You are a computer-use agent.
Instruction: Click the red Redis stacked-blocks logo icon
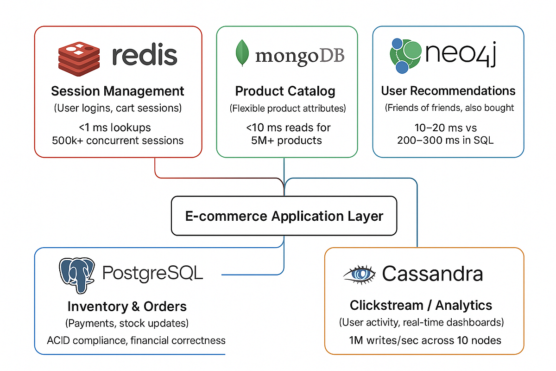pyautogui.click(x=78, y=58)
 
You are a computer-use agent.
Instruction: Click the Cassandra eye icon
pyautogui.click(x=360, y=274)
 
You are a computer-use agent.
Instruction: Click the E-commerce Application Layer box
pyautogui.click(x=284, y=216)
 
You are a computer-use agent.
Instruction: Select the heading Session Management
pyautogui.click(x=118, y=91)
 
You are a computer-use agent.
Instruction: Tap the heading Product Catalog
pyautogui.click(x=285, y=91)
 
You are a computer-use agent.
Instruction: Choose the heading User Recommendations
pyautogui.click(x=448, y=90)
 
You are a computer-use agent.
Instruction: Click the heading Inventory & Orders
pyautogui.click(x=127, y=306)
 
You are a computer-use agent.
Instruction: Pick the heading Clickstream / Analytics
pyautogui.click(x=421, y=305)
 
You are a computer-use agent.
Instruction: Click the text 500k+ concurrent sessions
pyautogui.click(x=118, y=140)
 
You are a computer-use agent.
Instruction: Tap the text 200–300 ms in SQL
pyautogui.click(x=445, y=140)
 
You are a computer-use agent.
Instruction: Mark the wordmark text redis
pyautogui.click(x=145, y=55)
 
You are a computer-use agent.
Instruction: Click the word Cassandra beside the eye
pyautogui.click(x=432, y=274)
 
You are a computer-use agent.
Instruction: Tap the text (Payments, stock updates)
pyautogui.click(x=127, y=323)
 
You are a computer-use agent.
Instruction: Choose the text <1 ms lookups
pyautogui.click(x=118, y=127)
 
